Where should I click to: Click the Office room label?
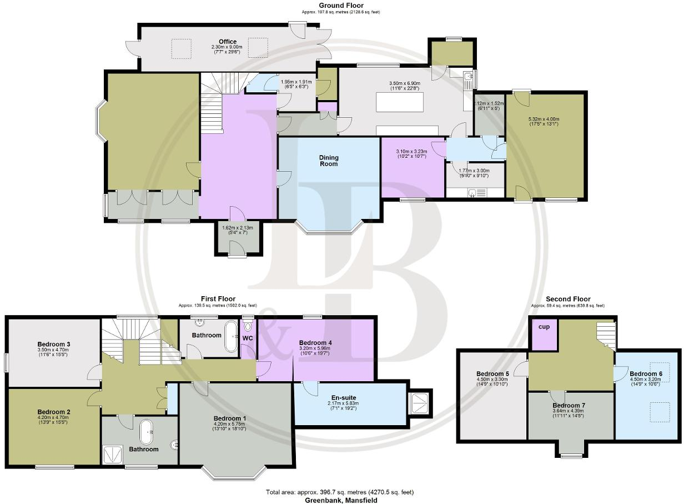227,42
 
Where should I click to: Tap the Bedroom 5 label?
492,373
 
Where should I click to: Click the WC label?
247,337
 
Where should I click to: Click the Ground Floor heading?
341,6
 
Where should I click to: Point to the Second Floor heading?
567,299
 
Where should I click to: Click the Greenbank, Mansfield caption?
341,500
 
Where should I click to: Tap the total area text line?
340,492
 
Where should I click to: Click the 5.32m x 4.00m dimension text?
545,119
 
